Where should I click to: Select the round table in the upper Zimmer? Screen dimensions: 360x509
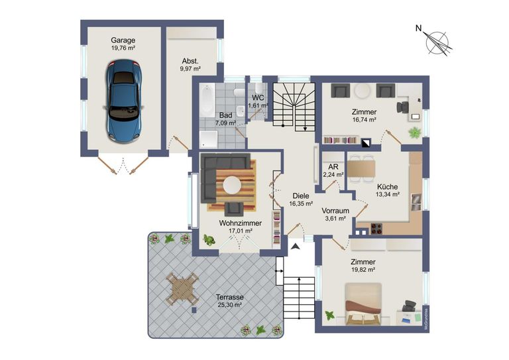click(x=363, y=91)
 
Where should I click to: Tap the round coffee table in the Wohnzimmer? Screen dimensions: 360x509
click(x=231, y=184)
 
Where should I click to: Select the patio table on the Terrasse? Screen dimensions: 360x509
click(x=182, y=289)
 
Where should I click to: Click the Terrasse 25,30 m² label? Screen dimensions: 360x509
click(x=229, y=301)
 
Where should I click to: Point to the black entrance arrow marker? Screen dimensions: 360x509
click(x=295, y=247)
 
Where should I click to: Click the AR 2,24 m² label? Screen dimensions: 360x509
click(x=333, y=170)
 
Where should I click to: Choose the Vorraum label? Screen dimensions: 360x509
click(x=335, y=212)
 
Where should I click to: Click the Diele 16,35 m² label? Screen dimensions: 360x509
click(x=301, y=200)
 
